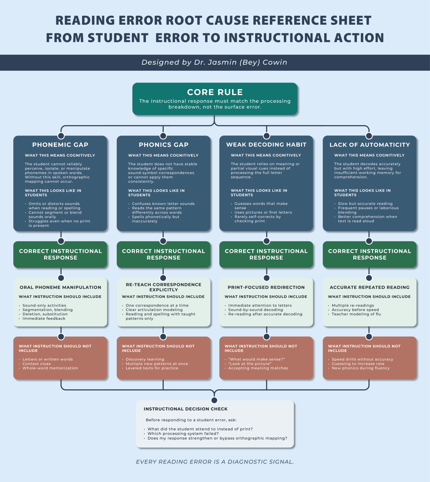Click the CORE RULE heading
click(215, 92)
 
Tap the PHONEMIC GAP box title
click(60, 145)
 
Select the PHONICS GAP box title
click(163, 145)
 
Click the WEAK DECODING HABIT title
click(266, 145)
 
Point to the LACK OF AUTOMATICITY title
click(369, 145)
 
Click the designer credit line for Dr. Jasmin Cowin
click(214, 63)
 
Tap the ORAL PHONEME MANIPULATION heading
click(61, 287)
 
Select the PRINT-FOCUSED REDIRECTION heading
click(266, 287)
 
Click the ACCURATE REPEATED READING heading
click(369, 287)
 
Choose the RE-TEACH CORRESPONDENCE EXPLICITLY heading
click(163, 287)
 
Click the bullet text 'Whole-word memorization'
click(50, 368)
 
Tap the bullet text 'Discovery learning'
click(145, 359)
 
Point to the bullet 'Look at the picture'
click(250, 364)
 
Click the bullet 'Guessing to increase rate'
click(358, 364)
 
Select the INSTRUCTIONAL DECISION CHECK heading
click(186, 409)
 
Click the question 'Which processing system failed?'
click(183, 434)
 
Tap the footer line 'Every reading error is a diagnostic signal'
click(215, 462)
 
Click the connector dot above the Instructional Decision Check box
click(214, 400)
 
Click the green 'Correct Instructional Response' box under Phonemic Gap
click(61, 255)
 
